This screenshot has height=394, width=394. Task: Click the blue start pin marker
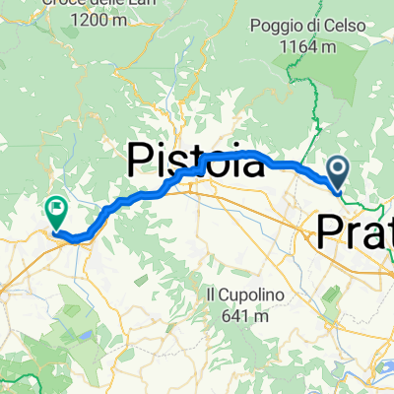click(x=338, y=173)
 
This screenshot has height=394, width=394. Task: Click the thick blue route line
click(x=148, y=192)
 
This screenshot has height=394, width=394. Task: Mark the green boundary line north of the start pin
click(x=317, y=108)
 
